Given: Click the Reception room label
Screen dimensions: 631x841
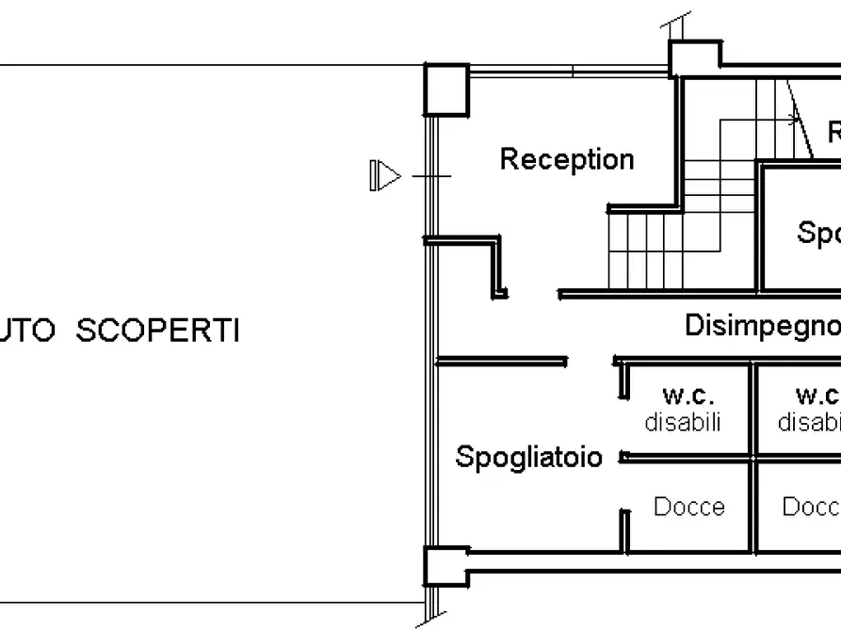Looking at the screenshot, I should pos(566,159).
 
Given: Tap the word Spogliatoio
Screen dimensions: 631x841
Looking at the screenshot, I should pos(528,457).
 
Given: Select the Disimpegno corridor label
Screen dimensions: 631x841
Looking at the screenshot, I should pos(761,326).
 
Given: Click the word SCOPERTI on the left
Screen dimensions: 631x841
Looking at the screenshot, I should pos(157,332).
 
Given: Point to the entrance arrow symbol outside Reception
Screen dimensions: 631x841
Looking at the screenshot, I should pos(386,175).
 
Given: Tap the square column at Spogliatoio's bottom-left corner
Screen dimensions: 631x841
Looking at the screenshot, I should pos(445,566).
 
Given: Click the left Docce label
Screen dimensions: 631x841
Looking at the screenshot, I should pos(689,507).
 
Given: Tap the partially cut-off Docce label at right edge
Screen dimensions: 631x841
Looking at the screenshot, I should pos(811,507).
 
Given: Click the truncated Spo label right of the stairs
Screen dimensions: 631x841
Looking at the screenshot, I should pos(817,232).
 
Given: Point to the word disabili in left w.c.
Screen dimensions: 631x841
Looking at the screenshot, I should pos(683,422).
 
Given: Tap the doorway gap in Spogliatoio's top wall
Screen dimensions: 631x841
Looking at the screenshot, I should pos(590,361).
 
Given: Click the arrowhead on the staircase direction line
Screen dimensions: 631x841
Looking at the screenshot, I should pos(794,121).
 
